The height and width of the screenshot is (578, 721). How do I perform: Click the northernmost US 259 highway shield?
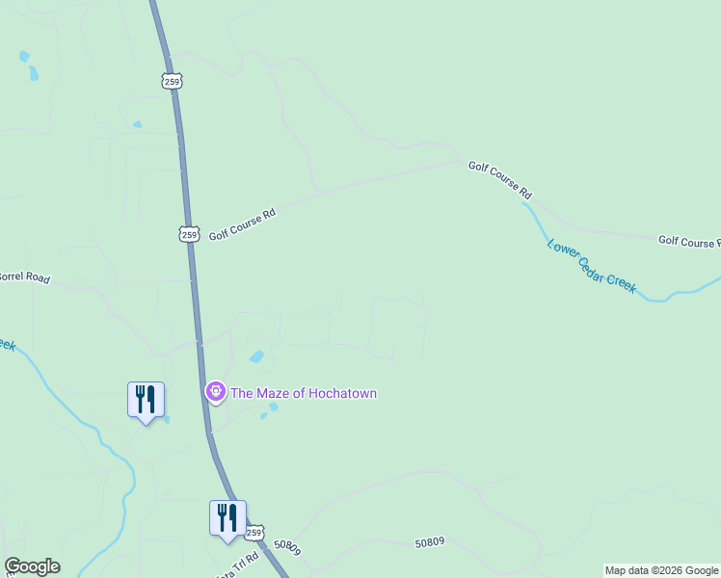pyautogui.click(x=173, y=82)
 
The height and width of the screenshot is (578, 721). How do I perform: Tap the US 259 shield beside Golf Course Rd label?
pyautogui.click(x=189, y=233)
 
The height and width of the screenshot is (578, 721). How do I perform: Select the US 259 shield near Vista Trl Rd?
pyautogui.click(x=254, y=532)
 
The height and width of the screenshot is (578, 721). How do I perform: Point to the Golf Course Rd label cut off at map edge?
pyautogui.click(x=688, y=241)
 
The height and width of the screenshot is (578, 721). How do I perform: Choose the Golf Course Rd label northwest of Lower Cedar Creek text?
pyautogui.click(x=500, y=179)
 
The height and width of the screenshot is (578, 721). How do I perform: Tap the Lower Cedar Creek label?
pyautogui.click(x=592, y=265)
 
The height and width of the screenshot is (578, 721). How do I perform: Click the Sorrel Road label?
pyautogui.click(x=23, y=276)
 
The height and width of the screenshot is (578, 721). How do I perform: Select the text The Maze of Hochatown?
pyautogui.click(x=304, y=393)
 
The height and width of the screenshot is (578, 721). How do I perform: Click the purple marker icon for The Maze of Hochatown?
pyautogui.click(x=215, y=391)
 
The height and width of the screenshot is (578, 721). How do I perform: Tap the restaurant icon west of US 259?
pyautogui.click(x=146, y=398)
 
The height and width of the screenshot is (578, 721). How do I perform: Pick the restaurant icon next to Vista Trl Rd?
pyautogui.click(x=227, y=516)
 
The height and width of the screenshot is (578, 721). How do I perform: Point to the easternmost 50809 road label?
pyautogui.click(x=429, y=543)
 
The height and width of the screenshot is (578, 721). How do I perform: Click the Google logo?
pyautogui.click(x=32, y=566)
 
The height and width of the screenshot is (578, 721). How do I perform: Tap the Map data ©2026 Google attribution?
pyautogui.click(x=661, y=570)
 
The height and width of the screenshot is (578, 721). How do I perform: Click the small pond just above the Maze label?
pyautogui.click(x=256, y=357)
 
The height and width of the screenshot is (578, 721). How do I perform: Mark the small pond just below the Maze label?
pyautogui.click(x=273, y=407)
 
